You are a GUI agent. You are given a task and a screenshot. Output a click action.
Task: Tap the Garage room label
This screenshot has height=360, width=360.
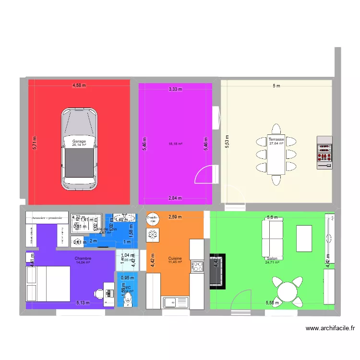click(x=79, y=142)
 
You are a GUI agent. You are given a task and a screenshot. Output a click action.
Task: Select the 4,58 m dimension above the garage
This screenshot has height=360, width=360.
click(x=79, y=85)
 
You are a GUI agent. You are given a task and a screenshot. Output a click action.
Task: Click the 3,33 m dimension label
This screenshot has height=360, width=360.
click(x=175, y=89)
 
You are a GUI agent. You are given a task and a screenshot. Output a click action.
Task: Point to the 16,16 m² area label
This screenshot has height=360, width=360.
click(x=175, y=144)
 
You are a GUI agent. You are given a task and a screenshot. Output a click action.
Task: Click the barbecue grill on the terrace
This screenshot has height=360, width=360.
click(x=324, y=153)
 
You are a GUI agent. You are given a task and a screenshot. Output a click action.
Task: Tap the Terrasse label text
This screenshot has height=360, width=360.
click(x=276, y=139)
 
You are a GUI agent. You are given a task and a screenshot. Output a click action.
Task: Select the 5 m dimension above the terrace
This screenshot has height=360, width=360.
click(x=276, y=86)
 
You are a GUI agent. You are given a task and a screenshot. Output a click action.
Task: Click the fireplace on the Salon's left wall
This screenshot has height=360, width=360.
click(x=216, y=271)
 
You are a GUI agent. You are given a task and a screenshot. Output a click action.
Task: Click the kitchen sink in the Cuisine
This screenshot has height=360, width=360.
click(x=175, y=302)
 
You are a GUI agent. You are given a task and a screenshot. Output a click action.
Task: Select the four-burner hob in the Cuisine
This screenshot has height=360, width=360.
click(x=197, y=266)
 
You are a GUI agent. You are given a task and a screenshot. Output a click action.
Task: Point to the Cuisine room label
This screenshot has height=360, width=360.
click(x=175, y=258)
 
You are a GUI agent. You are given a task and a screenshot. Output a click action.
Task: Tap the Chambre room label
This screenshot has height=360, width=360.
click(x=83, y=258)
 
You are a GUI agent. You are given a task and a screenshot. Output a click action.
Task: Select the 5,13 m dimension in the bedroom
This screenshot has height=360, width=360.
click(x=83, y=303)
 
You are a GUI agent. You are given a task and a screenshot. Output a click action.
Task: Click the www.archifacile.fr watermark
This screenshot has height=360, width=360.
click(x=331, y=328)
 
